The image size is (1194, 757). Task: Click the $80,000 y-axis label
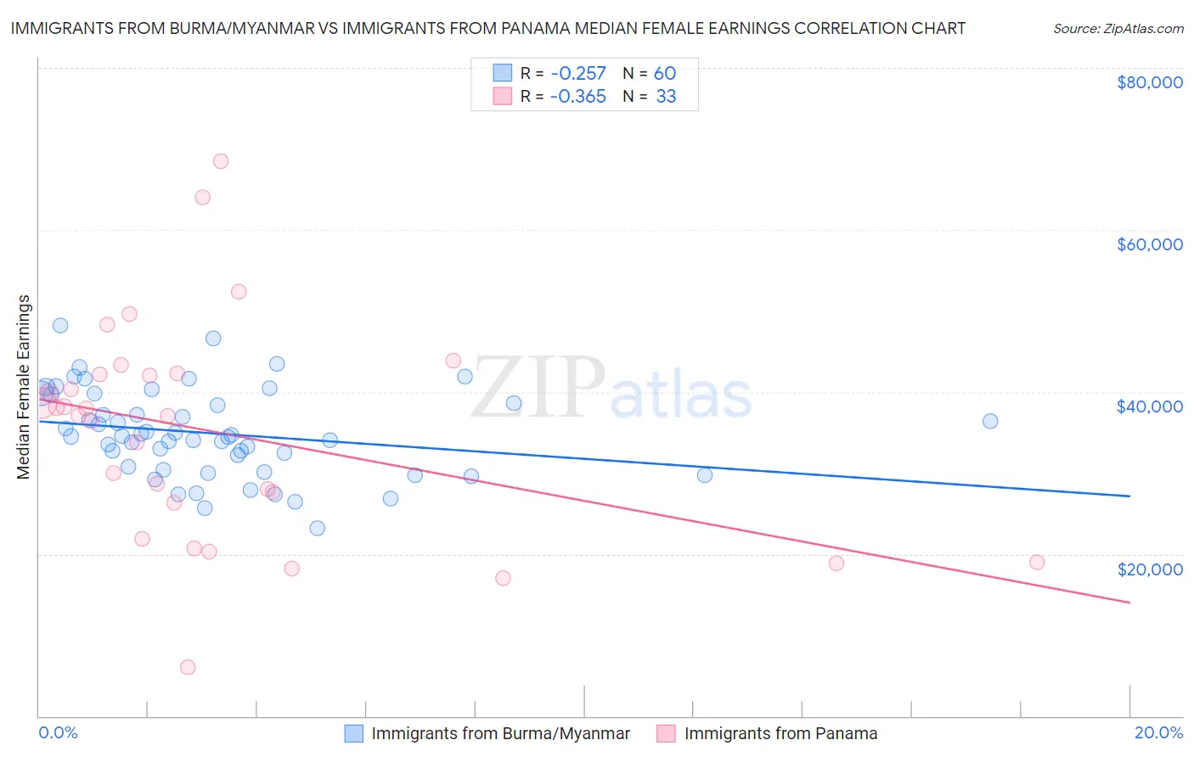(1149, 82)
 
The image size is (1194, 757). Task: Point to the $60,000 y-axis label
(1149, 244)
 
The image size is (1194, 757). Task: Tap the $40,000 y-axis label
(1149, 407)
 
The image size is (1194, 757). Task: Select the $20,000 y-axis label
(1149, 569)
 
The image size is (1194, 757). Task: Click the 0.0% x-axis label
(59, 732)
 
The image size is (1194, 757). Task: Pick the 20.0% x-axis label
(1158, 732)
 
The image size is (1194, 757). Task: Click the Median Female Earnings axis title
(24, 387)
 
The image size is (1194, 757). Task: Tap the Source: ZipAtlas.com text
(1118, 28)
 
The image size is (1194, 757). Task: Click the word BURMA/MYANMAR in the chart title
(239, 28)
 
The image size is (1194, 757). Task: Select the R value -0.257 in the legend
(577, 73)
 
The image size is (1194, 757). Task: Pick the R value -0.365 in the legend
(577, 96)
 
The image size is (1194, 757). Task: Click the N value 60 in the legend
(665, 73)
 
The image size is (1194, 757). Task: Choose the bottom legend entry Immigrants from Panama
(780, 733)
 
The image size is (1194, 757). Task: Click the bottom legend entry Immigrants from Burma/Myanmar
(500, 733)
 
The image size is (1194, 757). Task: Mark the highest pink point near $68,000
(221, 161)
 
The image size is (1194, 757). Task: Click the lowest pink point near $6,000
(188, 667)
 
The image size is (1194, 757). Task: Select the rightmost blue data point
(990, 421)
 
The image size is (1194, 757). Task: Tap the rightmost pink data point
(1037, 562)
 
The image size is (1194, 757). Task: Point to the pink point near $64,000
(202, 197)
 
